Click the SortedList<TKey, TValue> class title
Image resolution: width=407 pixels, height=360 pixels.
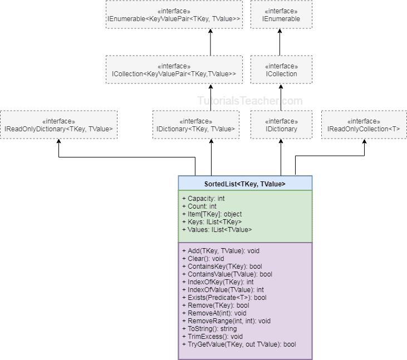(245, 184)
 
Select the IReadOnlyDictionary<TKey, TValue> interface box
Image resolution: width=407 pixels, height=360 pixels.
(58, 125)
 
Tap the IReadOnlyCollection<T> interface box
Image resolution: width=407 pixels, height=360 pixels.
(364, 125)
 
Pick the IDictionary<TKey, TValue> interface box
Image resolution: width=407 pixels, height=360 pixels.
(195, 125)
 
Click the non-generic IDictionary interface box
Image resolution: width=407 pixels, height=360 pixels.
(281, 125)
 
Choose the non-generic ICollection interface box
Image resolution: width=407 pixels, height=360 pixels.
(281, 70)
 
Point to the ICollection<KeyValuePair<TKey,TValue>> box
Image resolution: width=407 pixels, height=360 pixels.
(174, 70)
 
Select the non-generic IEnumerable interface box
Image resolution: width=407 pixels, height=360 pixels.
(281, 14)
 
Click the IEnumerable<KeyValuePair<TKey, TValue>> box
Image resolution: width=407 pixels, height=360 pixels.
(174, 14)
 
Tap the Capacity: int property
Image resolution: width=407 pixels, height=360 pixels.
(203, 199)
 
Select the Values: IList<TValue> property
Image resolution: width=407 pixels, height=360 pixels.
(217, 230)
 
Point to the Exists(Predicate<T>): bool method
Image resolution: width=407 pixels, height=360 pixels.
(224, 298)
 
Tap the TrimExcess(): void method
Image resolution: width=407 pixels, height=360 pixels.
(212, 337)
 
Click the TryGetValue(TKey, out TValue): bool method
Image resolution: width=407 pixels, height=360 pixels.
(239, 344)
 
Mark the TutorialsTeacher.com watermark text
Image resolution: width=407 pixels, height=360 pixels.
(250, 101)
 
